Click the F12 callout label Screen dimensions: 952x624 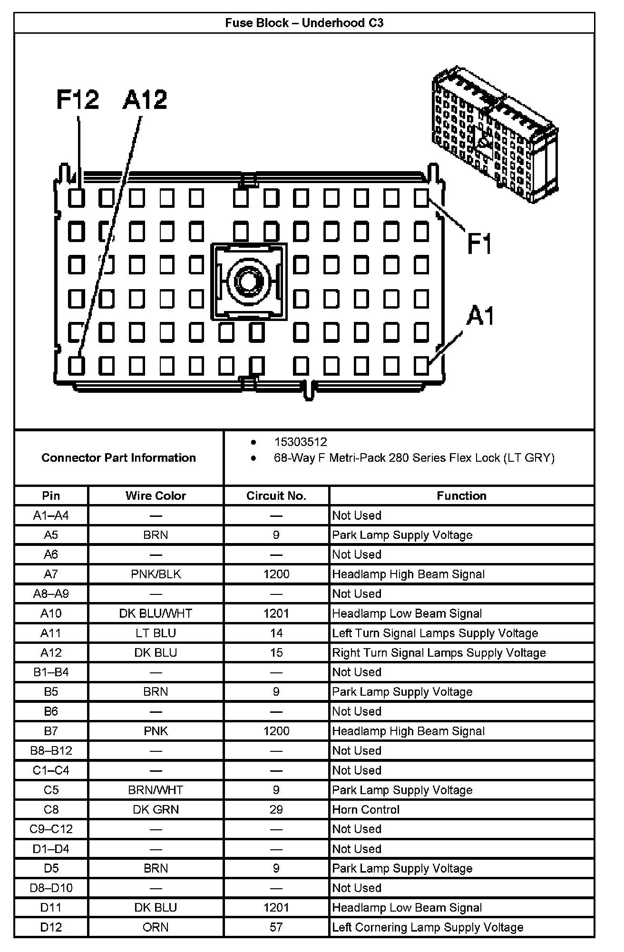click(x=78, y=100)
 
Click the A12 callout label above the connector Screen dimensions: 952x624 click(x=145, y=100)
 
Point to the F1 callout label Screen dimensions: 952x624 click(x=479, y=243)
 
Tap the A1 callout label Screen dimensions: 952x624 click(x=480, y=316)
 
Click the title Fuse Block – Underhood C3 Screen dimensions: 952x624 click(x=304, y=23)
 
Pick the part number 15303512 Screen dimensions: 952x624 click(x=301, y=442)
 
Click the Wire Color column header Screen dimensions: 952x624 click(x=156, y=495)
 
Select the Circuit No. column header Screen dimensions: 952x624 click(x=276, y=495)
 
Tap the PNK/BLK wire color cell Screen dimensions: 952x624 click(x=156, y=574)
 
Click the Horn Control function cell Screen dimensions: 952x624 click(x=366, y=809)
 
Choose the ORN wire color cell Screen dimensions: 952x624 click(x=156, y=927)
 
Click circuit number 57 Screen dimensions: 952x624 click(x=276, y=927)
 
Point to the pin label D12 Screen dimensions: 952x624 click(x=51, y=927)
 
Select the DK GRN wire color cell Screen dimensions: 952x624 click(x=156, y=809)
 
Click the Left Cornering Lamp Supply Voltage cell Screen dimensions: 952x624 click(x=428, y=927)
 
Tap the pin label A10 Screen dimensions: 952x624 click(x=51, y=613)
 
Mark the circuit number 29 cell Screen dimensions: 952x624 click(x=276, y=809)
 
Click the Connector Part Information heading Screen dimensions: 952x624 click(x=119, y=457)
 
